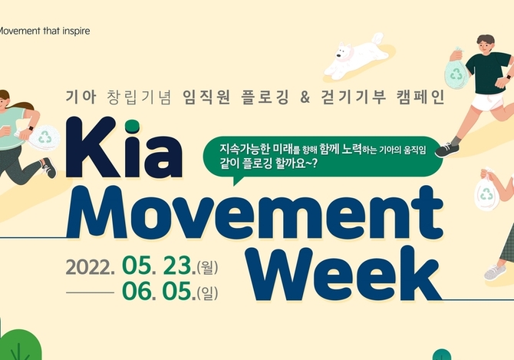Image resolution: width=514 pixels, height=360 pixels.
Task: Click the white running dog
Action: (x=356, y=56)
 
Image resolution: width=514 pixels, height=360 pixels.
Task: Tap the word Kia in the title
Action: (x=124, y=148)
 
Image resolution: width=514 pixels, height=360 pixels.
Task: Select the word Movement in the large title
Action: (x=255, y=213)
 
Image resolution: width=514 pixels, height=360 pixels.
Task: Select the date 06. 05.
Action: (x=159, y=291)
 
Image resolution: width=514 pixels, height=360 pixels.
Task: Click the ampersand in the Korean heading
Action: (x=305, y=97)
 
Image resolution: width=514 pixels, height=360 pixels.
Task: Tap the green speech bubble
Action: (x=322, y=157)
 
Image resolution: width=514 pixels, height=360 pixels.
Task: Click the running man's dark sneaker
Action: (x=446, y=150)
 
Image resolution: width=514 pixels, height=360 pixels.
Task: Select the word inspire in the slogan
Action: (x=76, y=31)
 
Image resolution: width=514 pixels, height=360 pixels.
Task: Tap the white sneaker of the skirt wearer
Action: (x=495, y=272)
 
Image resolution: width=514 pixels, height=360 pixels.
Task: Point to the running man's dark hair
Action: (x=486, y=39)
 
